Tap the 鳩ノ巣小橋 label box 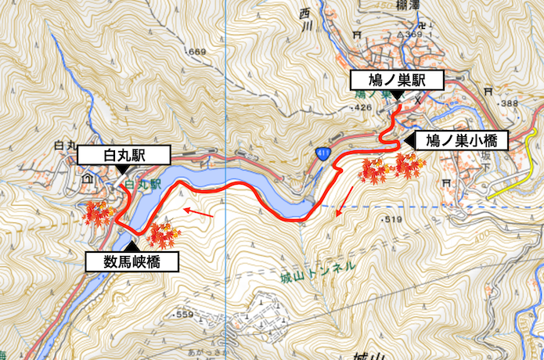click(x=460, y=141)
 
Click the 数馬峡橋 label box click(x=132, y=261)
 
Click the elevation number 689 click(x=196, y=52)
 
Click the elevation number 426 click(x=362, y=106)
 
